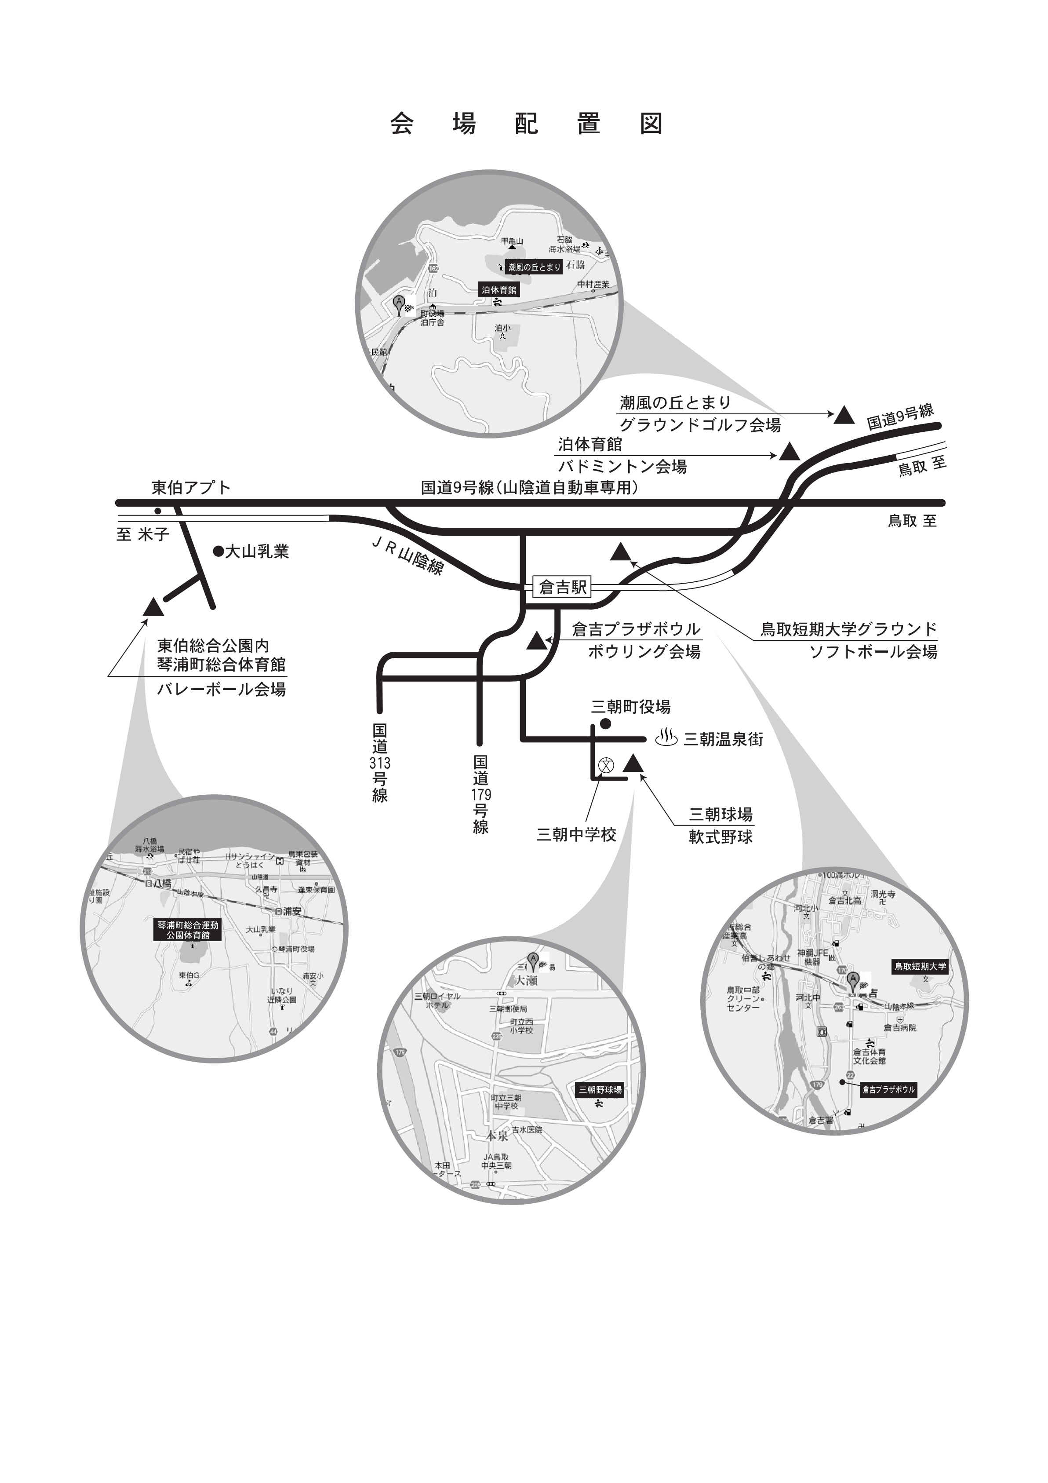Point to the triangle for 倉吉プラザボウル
(x=535, y=641)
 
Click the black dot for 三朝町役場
(x=606, y=724)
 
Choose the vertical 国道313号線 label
(x=380, y=762)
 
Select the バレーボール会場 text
(x=222, y=689)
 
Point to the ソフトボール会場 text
(x=873, y=651)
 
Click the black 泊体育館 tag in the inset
(x=499, y=290)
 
